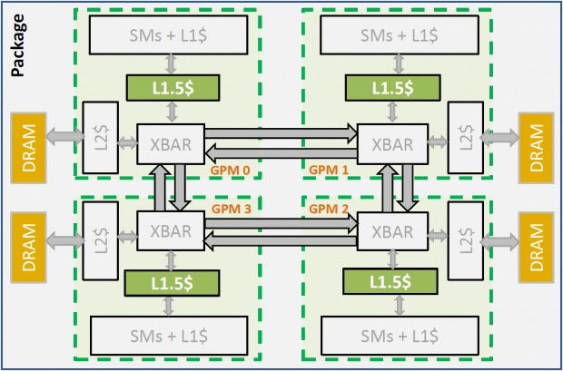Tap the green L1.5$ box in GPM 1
tap(391, 88)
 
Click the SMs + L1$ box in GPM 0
tap(169, 34)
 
